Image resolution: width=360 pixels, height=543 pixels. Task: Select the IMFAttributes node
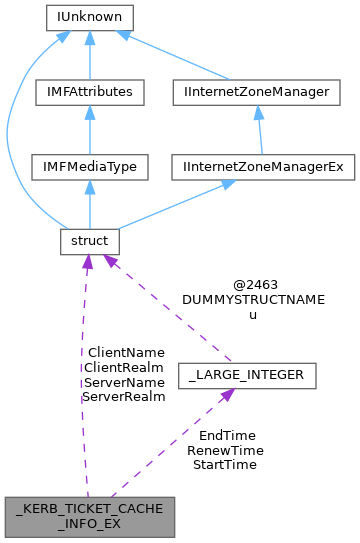(x=89, y=92)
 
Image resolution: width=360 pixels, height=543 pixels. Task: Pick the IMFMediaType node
(x=89, y=167)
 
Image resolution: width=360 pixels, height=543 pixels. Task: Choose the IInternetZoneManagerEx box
(x=265, y=167)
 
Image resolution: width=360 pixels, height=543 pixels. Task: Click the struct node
(x=89, y=242)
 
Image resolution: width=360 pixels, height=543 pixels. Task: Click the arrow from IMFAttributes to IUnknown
(x=89, y=55)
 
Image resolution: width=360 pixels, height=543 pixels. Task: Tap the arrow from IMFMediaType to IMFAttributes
(x=89, y=130)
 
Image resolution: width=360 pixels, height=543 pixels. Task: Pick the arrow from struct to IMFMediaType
(x=89, y=205)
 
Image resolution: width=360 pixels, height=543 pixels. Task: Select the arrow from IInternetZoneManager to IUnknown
(x=180, y=55)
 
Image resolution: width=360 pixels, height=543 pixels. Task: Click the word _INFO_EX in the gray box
(x=90, y=525)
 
